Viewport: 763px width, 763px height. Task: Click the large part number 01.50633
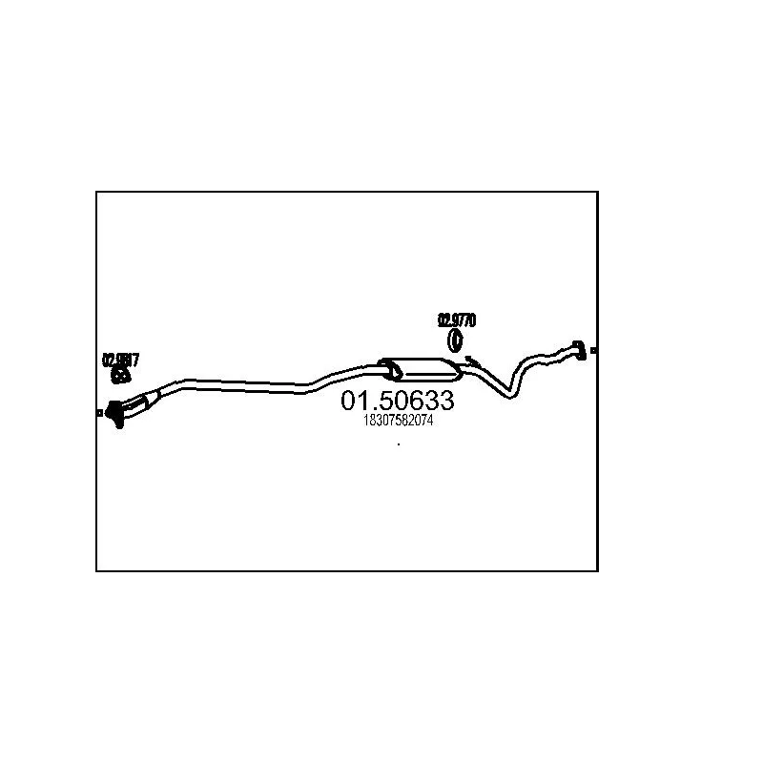click(398, 402)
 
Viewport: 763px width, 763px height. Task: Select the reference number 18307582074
click(398, 421)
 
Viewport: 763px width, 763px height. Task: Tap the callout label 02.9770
click(457, 320)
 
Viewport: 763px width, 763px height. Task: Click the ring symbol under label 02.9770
click(456, 340)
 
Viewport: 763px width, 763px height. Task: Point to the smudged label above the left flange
click(121, 360)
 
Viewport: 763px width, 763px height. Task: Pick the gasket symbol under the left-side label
click(121, 376)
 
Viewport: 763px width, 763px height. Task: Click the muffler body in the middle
click(420, 368)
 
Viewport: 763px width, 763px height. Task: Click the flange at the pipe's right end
click(577, 349)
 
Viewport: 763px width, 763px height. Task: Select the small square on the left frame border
click(99, 412)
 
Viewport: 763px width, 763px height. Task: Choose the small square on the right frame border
click(595, 351)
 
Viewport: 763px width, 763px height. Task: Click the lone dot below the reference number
click(398, 444)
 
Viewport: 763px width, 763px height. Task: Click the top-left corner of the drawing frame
click(96, 192)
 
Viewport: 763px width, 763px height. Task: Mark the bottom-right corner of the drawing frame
click(597, 570)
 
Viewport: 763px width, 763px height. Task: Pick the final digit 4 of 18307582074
click(431, 421)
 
